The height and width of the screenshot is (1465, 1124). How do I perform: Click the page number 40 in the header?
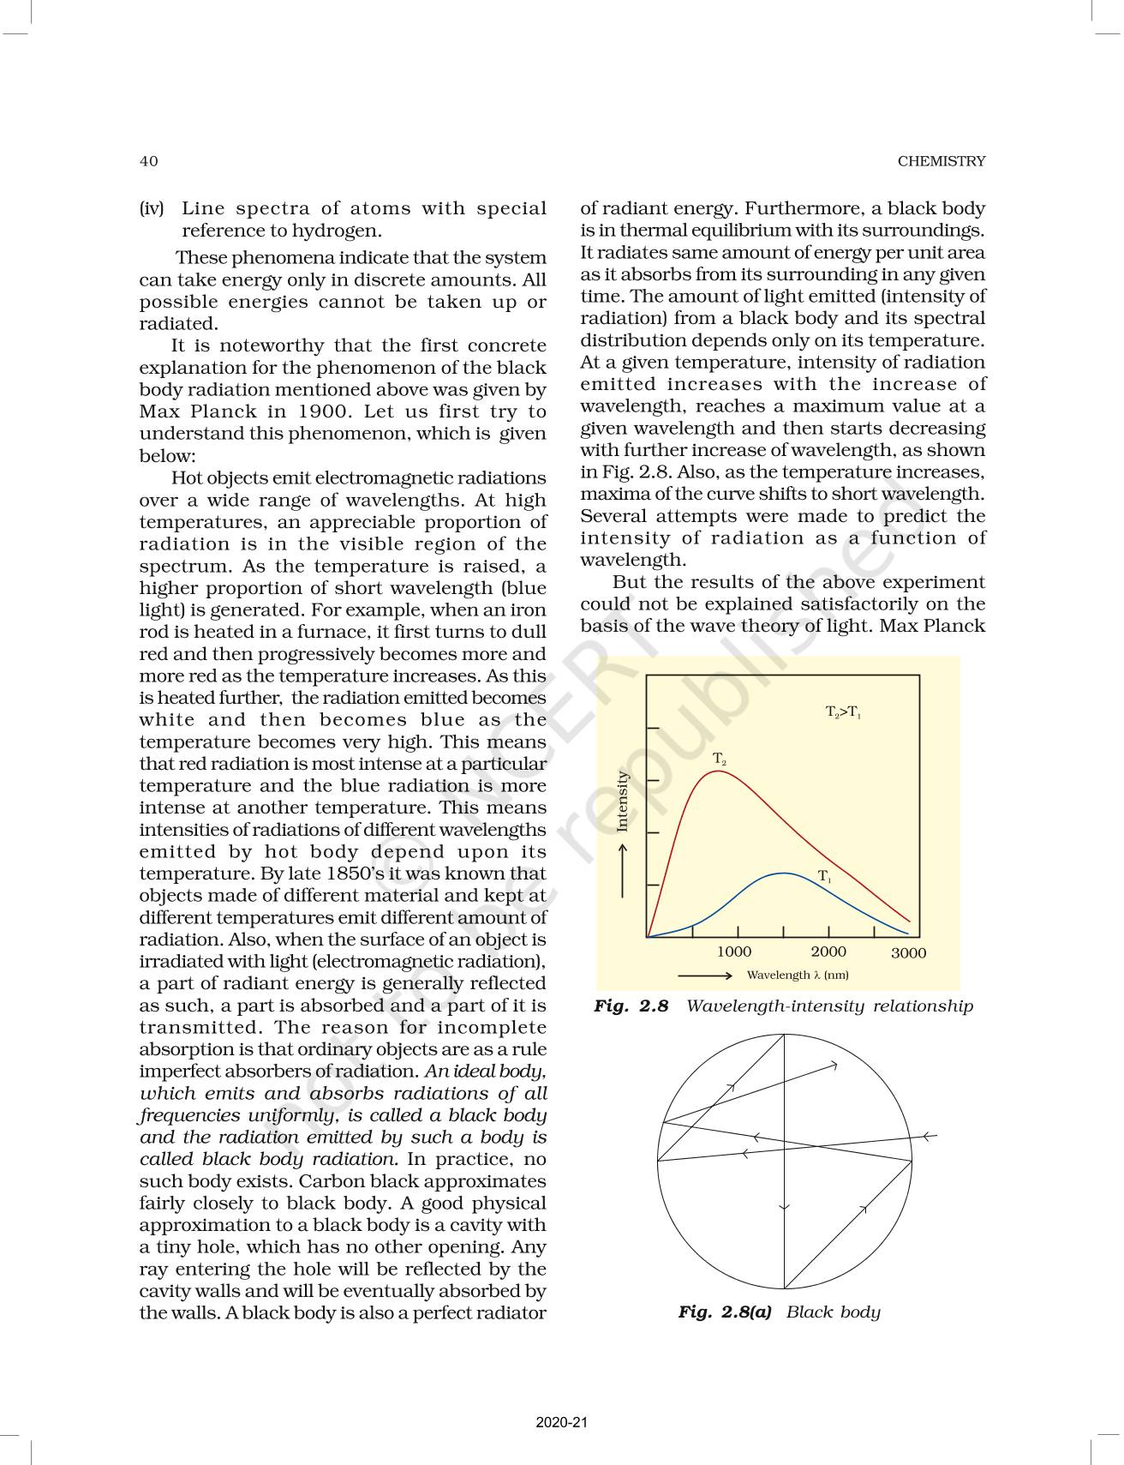[x=148, y=161]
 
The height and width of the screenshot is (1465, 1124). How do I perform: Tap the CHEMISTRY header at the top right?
[x=941, y=161]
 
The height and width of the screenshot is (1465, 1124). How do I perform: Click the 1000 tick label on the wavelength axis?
[x=734, y=952]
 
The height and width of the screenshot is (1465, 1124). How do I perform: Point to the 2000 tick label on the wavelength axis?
[x=828, y=952]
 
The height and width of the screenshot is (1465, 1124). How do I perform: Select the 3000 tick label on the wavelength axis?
[x=908, y=953]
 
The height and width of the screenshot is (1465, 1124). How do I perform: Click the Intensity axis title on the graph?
[x=623, y=801]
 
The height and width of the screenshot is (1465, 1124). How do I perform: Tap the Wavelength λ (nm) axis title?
[x=798, y=975]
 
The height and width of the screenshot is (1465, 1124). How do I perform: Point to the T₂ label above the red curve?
[x=720, y=759]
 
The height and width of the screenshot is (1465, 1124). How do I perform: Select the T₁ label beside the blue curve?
[x=824, y=876]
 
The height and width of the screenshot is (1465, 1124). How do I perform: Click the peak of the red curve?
[x=717, y=772]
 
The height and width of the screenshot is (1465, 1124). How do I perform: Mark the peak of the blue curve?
[x=784, y=873]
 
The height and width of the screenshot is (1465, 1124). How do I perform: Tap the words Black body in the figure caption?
[x=833, y=1312]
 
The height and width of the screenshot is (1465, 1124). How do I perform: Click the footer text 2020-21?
[x=562, y=1422]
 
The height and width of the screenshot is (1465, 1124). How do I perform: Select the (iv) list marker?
[x=152, y=208]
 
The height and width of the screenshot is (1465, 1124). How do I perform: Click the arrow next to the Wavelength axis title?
[x=705, y=975]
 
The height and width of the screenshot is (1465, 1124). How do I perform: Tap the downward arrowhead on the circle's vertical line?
[x=784, y=1207]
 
